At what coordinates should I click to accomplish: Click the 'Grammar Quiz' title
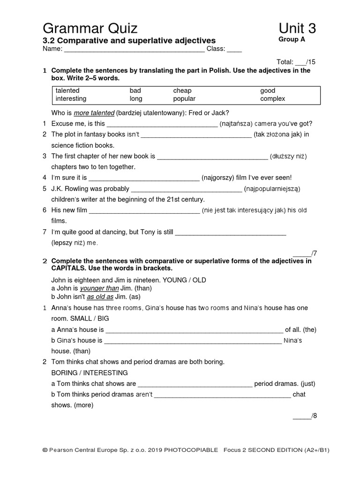click(x=90, y=29)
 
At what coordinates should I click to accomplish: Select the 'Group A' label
click(x=292, y=40)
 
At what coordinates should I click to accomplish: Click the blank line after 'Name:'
click(x=134, y=49)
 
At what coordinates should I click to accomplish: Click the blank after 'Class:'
click(x=234, y=49)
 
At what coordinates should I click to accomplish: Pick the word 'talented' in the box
click(x=67, y=90)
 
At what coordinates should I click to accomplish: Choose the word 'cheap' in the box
click(x=182, y=90)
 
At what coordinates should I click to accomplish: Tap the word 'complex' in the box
click(x=273, y=99)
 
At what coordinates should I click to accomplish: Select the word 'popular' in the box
click(x=184, y=99)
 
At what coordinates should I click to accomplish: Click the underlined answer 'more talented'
click(x=94, y=113)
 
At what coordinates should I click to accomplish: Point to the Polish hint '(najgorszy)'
click(x=219, y=178)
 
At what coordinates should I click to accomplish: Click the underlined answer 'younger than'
click(x=99, y=288)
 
